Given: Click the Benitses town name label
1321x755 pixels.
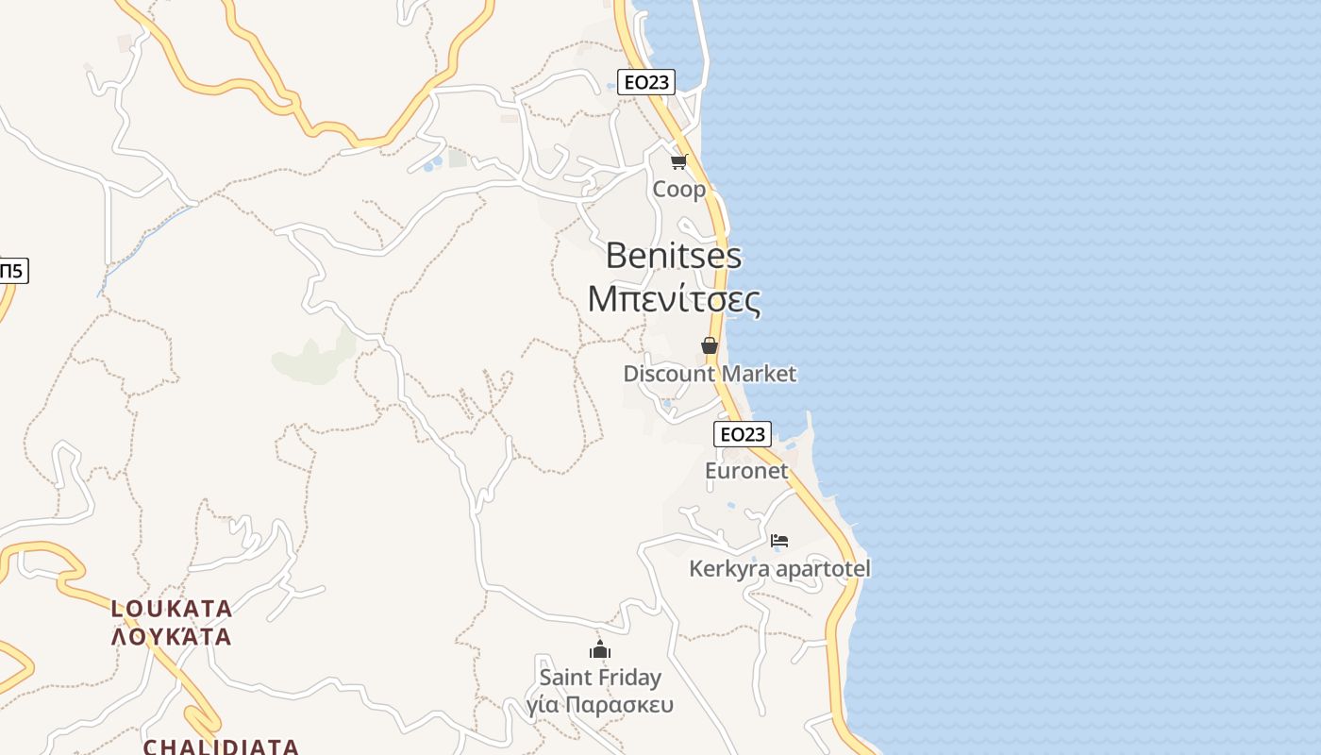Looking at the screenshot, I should point(674,256).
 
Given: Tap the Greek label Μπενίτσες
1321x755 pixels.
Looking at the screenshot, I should point(674,299).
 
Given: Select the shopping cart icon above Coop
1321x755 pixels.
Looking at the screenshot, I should point(679,161).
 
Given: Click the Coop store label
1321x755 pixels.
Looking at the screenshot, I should point(679,190).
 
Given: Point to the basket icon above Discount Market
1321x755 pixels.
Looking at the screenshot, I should point(710,346).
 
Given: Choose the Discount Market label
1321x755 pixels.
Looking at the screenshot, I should point(710,374).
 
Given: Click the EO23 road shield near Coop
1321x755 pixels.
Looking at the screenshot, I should point(646,82).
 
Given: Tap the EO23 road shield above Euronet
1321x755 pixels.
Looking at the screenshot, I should point(743,434).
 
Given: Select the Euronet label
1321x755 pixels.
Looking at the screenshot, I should point(746,470).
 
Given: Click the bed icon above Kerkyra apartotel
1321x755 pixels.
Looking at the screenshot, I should point(779,541).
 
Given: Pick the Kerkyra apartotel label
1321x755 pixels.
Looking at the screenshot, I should point(779,569).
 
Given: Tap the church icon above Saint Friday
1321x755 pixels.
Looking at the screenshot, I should point(600,649).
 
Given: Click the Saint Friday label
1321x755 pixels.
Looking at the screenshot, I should point(600,678).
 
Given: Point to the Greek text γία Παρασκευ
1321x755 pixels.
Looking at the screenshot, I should point(600,705).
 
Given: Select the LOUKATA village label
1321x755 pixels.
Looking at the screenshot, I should point(172,609).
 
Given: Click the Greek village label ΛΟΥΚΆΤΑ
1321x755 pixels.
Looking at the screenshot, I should point(172,636).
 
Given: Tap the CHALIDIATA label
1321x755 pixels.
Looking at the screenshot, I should point(221,747).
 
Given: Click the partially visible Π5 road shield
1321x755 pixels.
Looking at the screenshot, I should point(12,271).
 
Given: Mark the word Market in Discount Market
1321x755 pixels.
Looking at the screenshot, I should point(756,374).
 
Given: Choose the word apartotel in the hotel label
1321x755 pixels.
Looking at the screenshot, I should point(821,569).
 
